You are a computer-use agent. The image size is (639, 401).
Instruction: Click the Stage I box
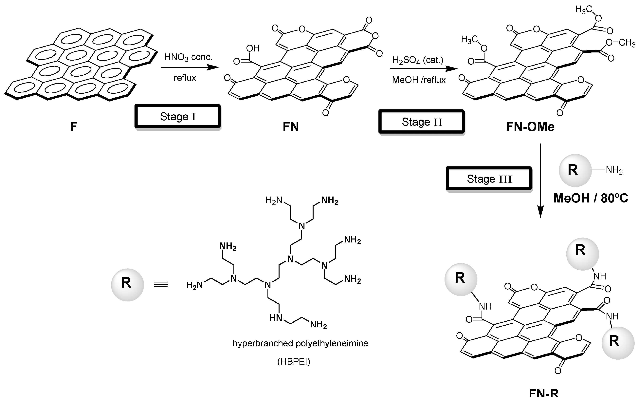(178, 116)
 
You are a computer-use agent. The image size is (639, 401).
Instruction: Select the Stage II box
(421, 122)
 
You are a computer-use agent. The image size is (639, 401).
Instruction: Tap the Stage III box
(489, 179)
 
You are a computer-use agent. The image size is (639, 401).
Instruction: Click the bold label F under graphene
(73, 127)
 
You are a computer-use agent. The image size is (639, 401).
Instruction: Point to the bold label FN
(291, 127)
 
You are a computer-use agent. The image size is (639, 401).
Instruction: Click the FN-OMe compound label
(530, 127)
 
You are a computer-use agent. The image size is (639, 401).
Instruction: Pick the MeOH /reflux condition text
(419, 80)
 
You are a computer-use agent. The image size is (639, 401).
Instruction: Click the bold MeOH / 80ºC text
(591, 198)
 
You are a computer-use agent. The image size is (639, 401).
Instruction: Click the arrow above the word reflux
(190, 68)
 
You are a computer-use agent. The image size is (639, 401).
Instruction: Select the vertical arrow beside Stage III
(540, 180)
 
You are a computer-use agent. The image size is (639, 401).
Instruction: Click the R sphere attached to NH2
(575, 170)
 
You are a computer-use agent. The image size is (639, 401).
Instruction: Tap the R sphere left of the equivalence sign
(127, 285)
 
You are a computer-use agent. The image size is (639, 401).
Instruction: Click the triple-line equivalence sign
(161, 285)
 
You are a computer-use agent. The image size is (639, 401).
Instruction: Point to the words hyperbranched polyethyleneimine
(300, 343)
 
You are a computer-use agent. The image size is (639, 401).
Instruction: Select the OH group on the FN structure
(253, 48)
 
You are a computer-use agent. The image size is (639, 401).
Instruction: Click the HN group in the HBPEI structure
(276, 318)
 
